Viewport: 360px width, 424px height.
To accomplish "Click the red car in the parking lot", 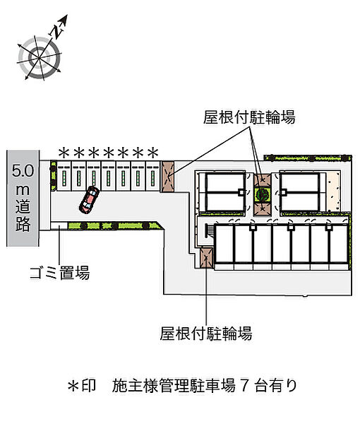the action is tap(89, 200).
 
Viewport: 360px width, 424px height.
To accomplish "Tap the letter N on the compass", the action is tap(56, 30).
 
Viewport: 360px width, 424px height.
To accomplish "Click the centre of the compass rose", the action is tap(40, 58).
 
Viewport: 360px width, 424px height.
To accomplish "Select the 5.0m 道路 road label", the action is tap(23, 198).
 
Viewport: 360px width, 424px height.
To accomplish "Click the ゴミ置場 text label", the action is tap(59, 273).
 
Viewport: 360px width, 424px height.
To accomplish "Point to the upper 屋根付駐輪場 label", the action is tap(249, 117).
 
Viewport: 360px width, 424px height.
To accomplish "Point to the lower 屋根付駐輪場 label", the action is tap(206, 333).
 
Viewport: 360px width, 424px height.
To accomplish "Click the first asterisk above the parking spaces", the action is tap(64, 153).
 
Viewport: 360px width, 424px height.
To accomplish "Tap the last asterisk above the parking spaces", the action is tap(153, 153).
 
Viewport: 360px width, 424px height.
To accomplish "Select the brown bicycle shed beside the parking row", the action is tap(167, 177).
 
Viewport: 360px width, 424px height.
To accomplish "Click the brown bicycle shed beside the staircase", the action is tap(207, 258).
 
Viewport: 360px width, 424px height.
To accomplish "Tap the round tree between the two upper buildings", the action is tap(262, 194).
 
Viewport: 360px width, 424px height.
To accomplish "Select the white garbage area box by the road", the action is tap(59, 225).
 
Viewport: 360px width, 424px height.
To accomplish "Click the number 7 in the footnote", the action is tap(244, 386).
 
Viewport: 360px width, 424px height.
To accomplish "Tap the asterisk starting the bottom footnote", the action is tap(73, 386).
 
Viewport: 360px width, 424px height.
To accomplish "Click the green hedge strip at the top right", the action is tap(308, 158).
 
